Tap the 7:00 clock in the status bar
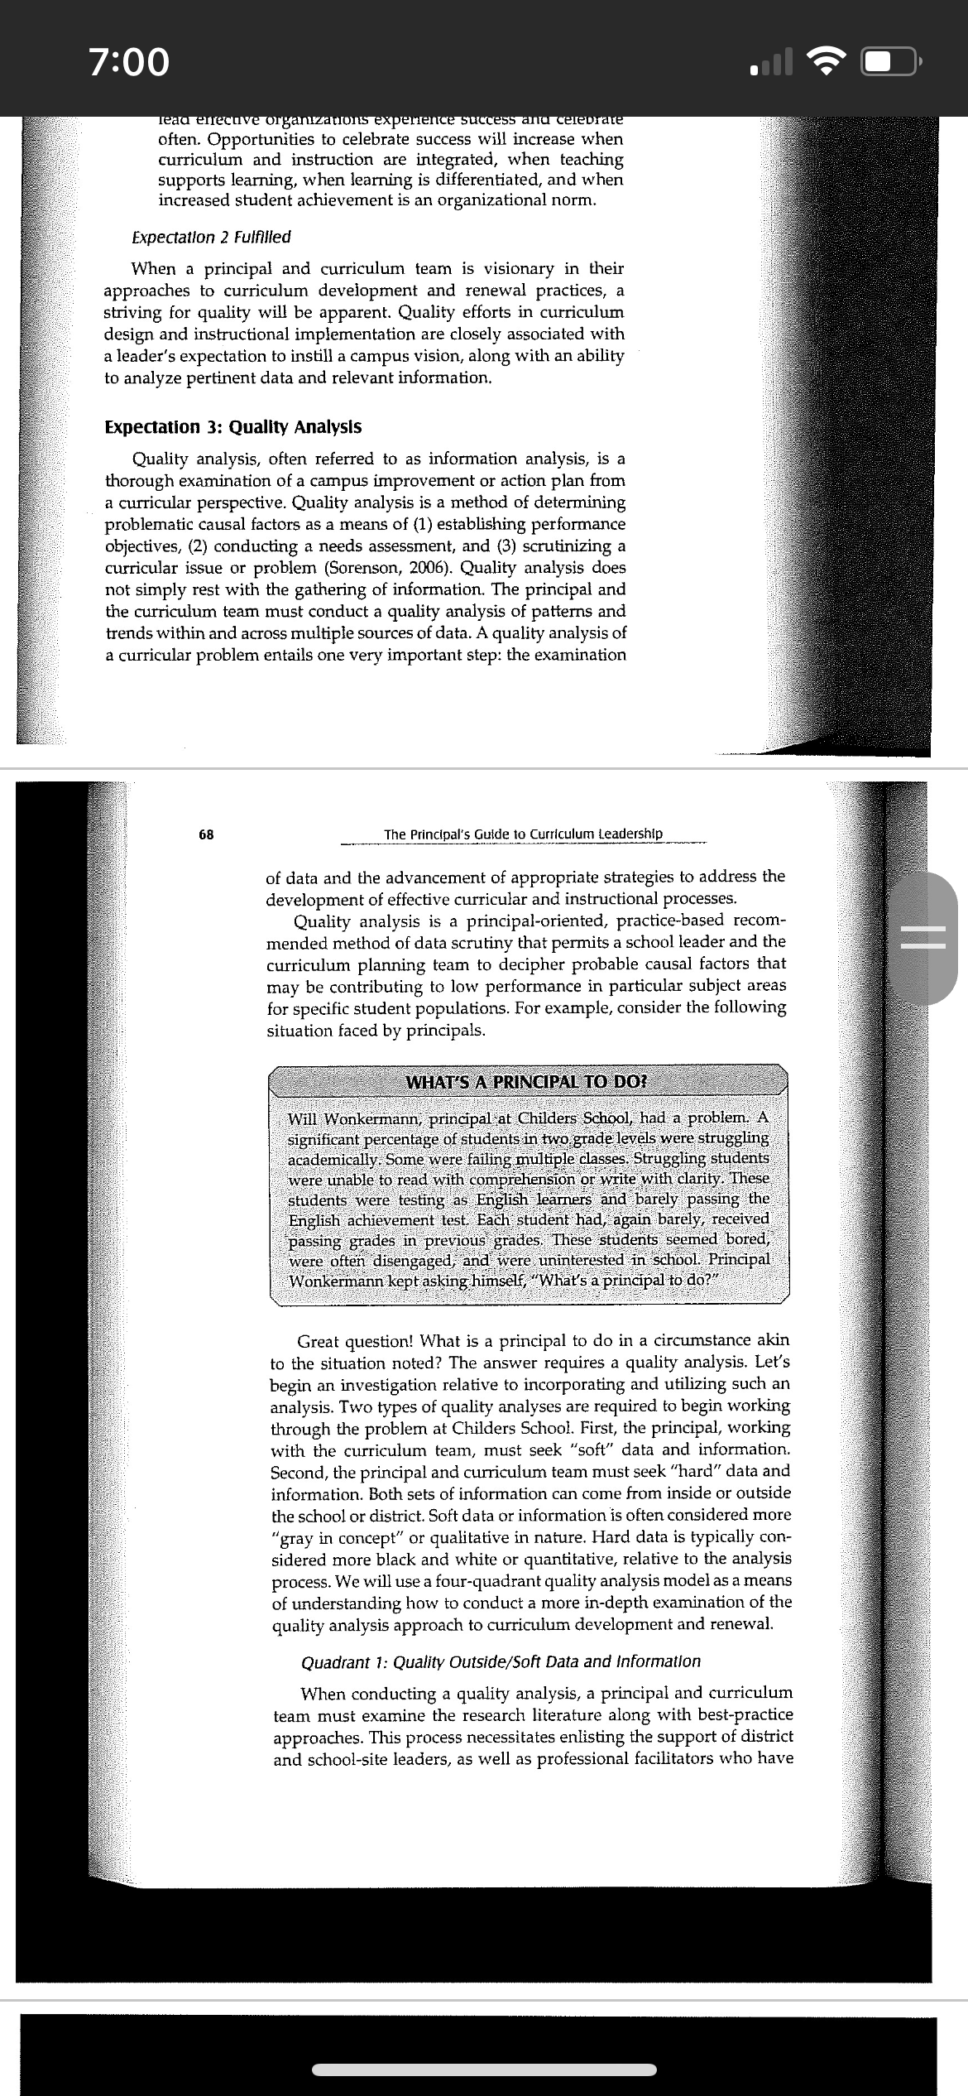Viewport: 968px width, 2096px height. pos(129,62)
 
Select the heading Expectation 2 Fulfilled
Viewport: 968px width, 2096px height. pos(211,238)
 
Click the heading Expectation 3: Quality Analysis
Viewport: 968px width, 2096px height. pos(232,427)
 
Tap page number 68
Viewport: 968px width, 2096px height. pos(206,834)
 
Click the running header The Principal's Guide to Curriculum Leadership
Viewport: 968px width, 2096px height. pos(523,834)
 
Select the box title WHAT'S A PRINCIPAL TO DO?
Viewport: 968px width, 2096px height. pos(527,1082)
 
